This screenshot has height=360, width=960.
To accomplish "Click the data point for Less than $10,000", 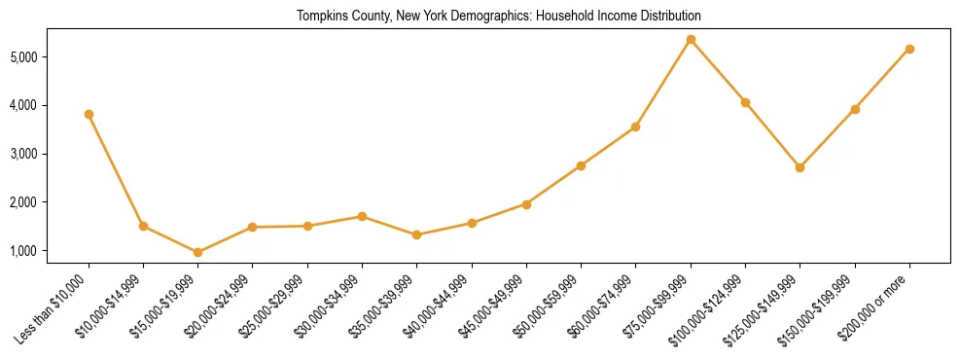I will tap(89, 114).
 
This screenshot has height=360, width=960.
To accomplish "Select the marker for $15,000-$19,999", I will tap(197, 252).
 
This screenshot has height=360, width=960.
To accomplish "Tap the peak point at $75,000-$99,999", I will tap(691, 39).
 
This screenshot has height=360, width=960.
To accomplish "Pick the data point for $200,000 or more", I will tap(909, 49).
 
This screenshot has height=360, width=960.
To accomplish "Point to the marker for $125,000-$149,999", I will tap(800, 167).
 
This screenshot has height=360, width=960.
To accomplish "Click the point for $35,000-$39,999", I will tap(416, 234).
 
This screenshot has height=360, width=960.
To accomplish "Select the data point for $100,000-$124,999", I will tap(745, 102).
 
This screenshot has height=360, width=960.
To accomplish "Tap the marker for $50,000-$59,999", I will tap(581, 165).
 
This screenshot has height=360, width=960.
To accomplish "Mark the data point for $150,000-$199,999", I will tap(855, 109).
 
